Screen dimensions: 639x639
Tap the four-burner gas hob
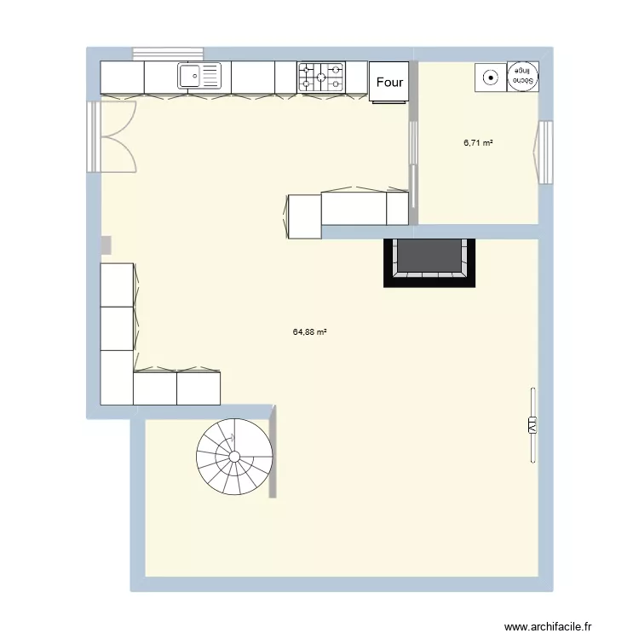(321, 77)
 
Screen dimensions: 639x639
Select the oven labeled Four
(389, 83)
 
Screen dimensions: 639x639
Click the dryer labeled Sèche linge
(522, 77)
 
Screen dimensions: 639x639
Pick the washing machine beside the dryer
(490, 77)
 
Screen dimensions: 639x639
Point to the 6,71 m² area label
(478, 143)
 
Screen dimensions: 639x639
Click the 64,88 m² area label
(311, 333)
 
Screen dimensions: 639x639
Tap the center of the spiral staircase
(234, 457)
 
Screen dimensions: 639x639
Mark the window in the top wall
(168, 53)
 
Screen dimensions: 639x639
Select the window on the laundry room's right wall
(545, 153)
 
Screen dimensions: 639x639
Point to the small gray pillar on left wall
(106, 245)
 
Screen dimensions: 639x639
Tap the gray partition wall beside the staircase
(273, 452)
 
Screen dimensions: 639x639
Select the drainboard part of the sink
(210, 77)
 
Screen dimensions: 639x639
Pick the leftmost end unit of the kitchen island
(304, 216)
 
